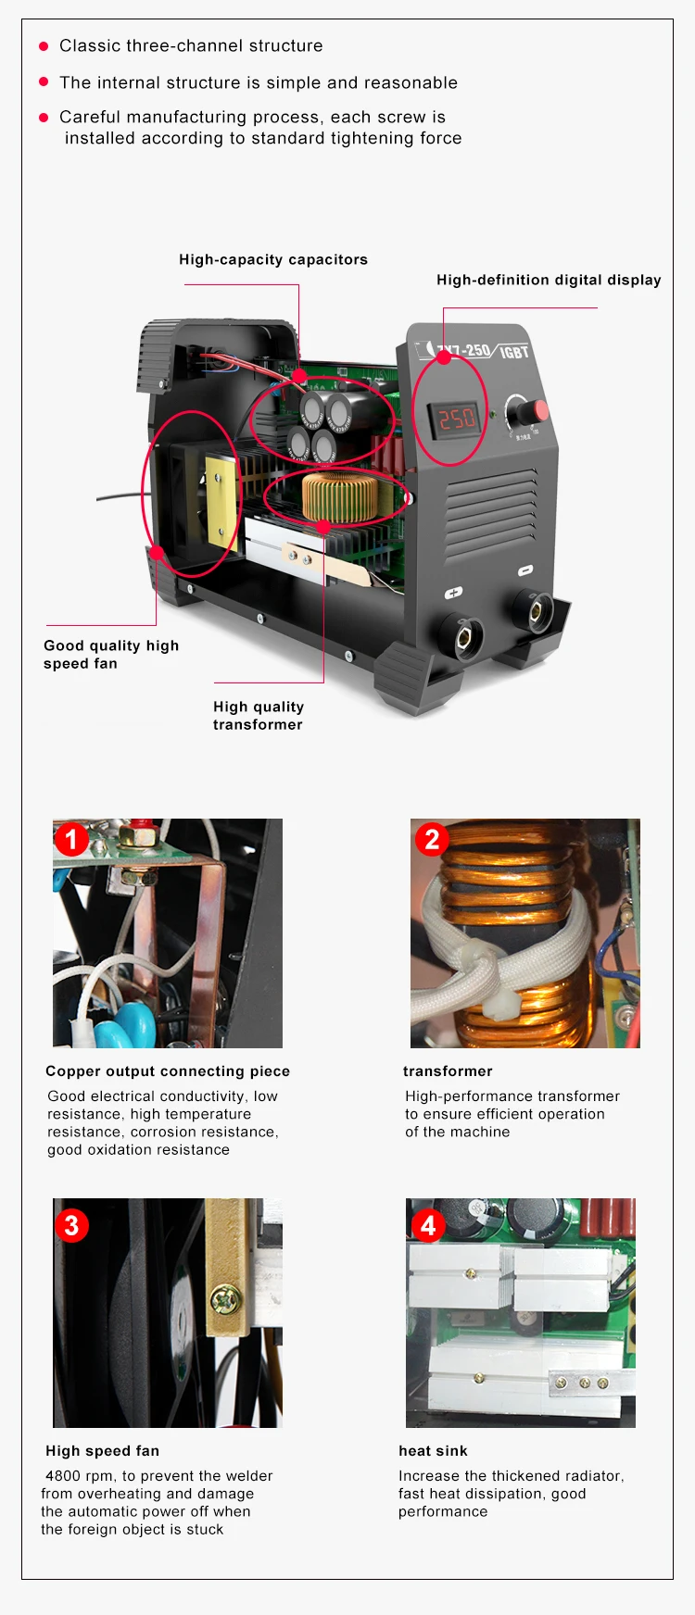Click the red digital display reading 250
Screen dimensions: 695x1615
pos(456,419)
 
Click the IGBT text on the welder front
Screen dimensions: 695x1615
pos(513,352)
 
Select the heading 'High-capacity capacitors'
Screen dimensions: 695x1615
pos(273,259)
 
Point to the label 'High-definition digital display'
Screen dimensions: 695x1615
pos(549,280)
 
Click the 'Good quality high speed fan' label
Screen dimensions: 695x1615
pos(111,655)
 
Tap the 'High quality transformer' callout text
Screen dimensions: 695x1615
pos(259,716)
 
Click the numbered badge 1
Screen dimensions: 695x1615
pos(71,840)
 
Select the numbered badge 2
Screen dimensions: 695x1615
pos(431,840)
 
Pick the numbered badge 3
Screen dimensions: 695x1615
pos(71,1225)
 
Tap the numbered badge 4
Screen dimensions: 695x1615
pos(427,1225)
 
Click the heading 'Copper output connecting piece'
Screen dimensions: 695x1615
pos(168,1071)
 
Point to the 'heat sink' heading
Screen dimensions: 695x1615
pos(433,1451)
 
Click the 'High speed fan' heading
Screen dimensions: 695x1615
pos(102,1451)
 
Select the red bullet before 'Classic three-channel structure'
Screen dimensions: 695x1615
pos(44,45)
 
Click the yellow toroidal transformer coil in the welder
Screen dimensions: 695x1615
pos(339,496)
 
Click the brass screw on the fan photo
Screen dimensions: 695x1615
pos(225,1300)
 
